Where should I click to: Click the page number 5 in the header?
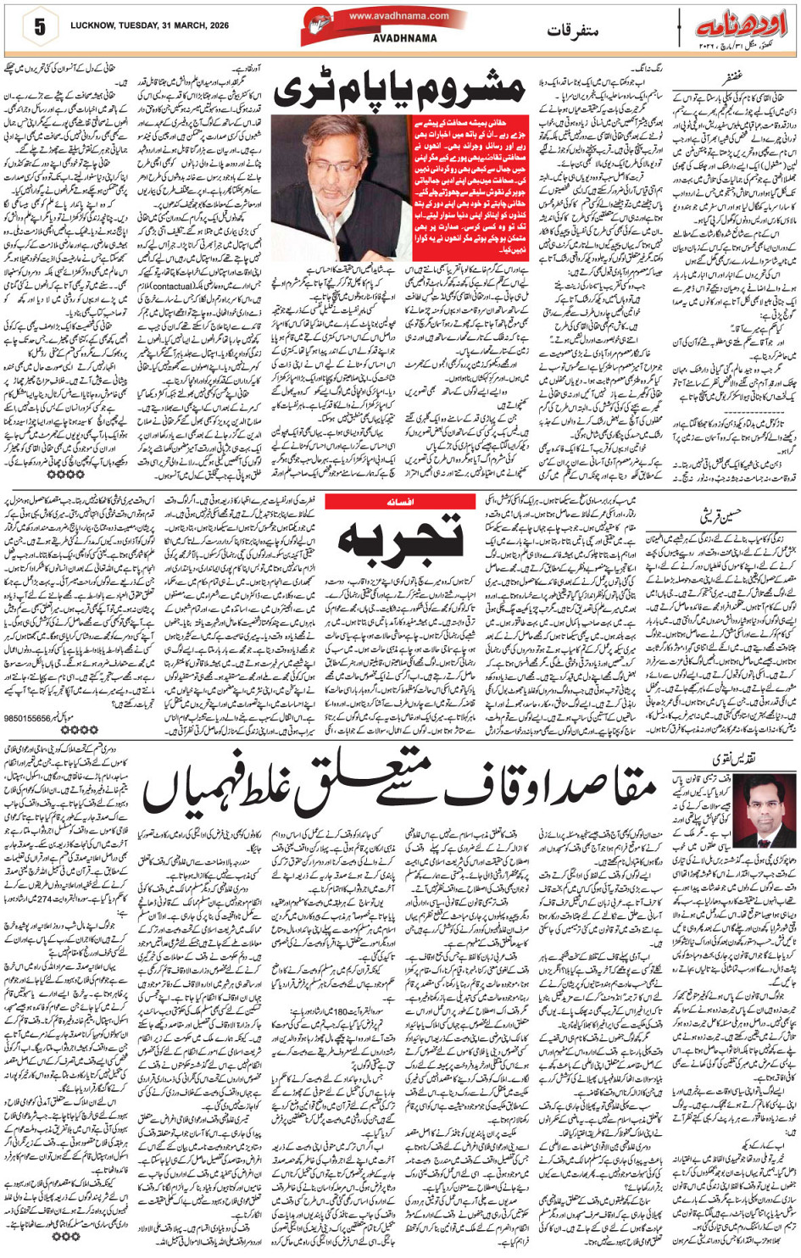[39, 27]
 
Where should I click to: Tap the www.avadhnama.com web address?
[387, 16]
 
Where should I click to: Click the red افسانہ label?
[400, 503]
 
